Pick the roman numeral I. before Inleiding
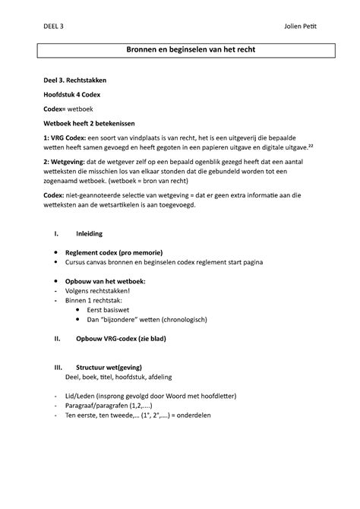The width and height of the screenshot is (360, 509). [x=49, y=233]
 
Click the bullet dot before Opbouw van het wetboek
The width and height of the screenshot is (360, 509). [x=50, y=280]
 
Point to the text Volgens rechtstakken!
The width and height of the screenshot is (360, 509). [x=99, y=290]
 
